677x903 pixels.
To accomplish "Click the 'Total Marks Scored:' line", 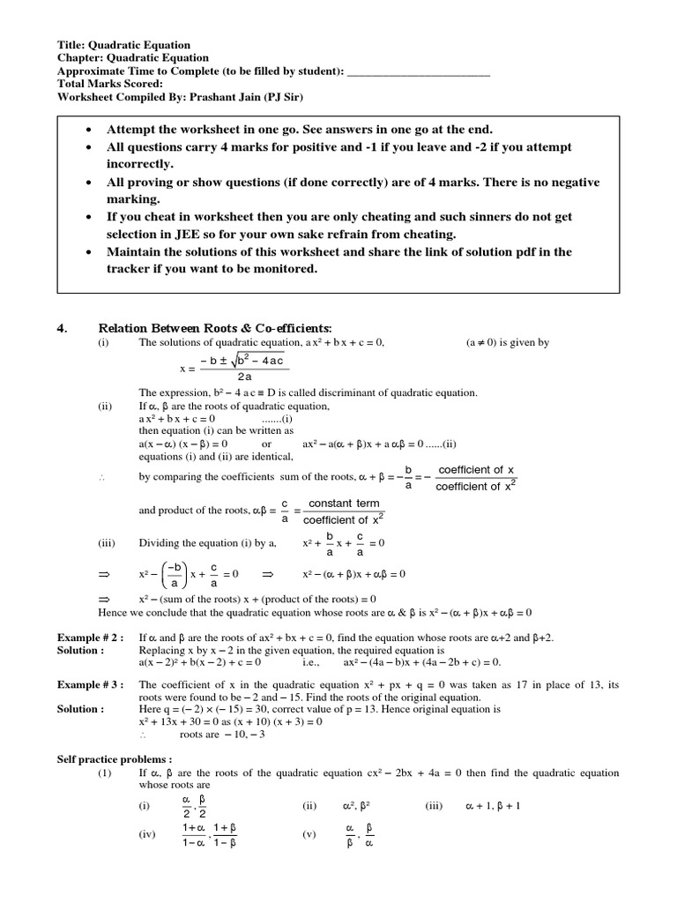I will pos(109,84).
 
